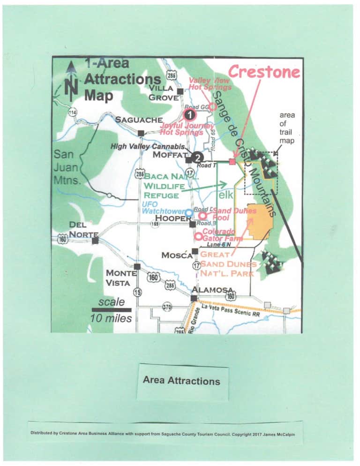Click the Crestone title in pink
point(264,72)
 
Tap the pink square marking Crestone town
point(232,162)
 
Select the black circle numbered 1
point(188,114)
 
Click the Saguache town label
point(139,120)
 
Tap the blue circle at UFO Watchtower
point(188,213)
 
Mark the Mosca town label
point(177,256)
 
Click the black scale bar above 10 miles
point(112,310)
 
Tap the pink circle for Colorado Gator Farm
point(199,236)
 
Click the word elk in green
point(226,194)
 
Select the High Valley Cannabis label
point(148,147)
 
